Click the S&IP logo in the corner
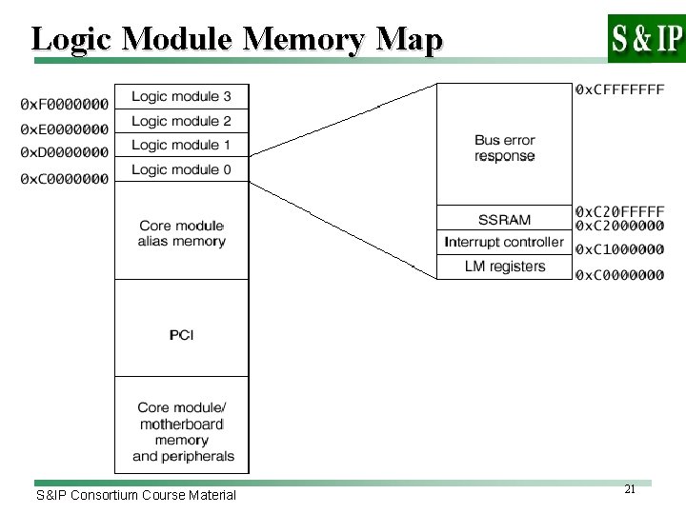(x=646, y=38)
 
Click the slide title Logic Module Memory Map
(x=237, y=39)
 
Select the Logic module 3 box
(x=181, y=96)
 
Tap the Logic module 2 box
(x=181, y=121)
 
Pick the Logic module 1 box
(x=181, y=145)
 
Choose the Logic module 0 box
(x=181, y=169)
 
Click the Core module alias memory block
(x=181, y=233)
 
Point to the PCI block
(x=181, y=335)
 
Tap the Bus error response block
(x=504, y=148)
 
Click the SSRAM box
(x=504, y=220)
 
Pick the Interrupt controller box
(x=504, y=243)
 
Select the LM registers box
(x=504, y=267)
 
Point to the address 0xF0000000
(x=63, y=104)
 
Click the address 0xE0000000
(x=63, y=128)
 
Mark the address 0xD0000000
(x=63, y=152)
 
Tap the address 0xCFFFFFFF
(x=620, y=89)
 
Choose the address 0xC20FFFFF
(x=620, y=210)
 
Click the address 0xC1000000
(x=620, y=249)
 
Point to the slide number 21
(x=629, y=488)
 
